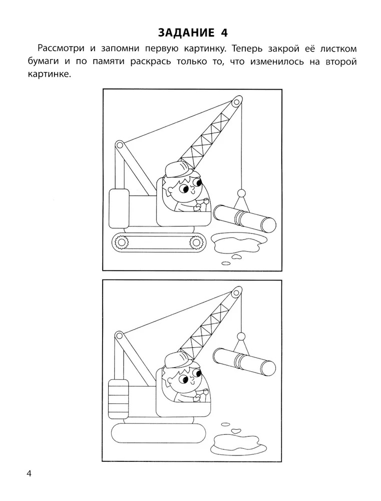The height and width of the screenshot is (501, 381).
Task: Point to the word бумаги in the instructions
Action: point(44,62)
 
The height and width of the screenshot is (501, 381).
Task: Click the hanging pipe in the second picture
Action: point(245,361)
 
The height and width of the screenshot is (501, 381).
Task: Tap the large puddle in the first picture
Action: point(238,241)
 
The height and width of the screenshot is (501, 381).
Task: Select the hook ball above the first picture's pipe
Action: point(241,193)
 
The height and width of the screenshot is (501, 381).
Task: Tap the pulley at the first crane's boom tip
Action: point(236,102)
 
